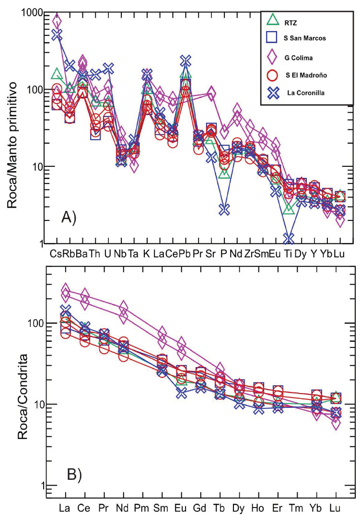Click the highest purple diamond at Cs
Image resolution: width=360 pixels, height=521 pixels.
click(x=57, y=21)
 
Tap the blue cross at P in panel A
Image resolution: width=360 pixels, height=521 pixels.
click(x=224, y=209)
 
